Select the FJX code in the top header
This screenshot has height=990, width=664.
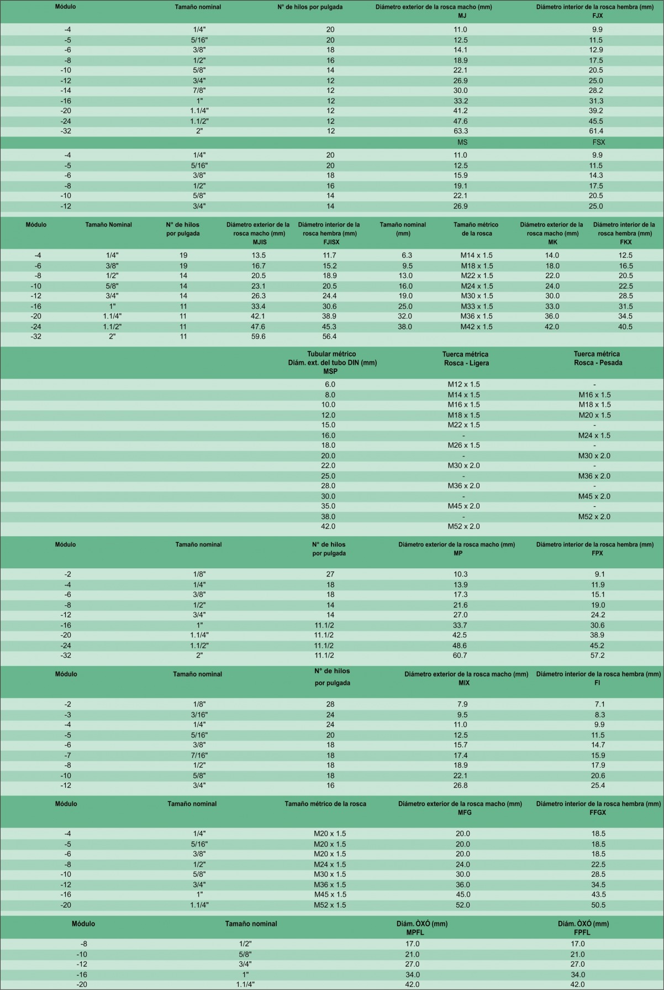click(x=597, y=15)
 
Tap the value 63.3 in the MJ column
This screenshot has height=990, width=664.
click(x=461, y=131)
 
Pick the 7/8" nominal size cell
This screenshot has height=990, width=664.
click(x=199, y=91)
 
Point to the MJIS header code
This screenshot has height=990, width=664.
click(x=260, y=242)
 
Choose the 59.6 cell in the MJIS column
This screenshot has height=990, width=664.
click(x=259, y=336)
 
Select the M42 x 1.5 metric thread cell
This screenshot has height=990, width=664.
click(x=476, y=327)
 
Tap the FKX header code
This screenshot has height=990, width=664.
click(x=626, y=242)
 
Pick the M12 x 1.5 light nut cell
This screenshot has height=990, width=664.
click(x=463, y=384)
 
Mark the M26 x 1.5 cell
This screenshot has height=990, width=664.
click(x=463, y=445)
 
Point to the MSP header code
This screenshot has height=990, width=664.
click(x=330, y=371)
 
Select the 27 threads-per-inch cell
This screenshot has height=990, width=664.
click(x=330, y=574)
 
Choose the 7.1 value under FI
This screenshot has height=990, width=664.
click(x=600, y=704)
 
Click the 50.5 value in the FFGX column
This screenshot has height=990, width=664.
click(x=598, y=905)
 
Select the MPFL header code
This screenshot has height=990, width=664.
click(x=415, y=932)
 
